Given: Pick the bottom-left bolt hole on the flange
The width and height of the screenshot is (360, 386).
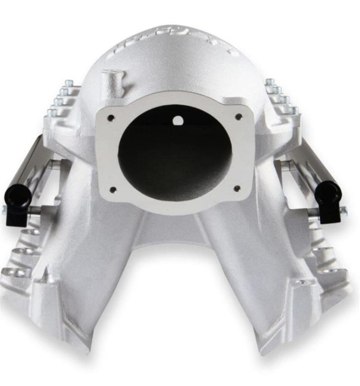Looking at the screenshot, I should (x=112, y=189).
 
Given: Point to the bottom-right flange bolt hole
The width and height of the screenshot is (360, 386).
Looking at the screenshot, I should (x=238, y=188).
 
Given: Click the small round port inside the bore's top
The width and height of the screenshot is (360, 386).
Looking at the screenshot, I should (x=178, y=120).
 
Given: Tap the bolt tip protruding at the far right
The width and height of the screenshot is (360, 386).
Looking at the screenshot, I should (x=343, y=209).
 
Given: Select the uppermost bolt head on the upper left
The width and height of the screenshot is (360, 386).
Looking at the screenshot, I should (x=68, y=83).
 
